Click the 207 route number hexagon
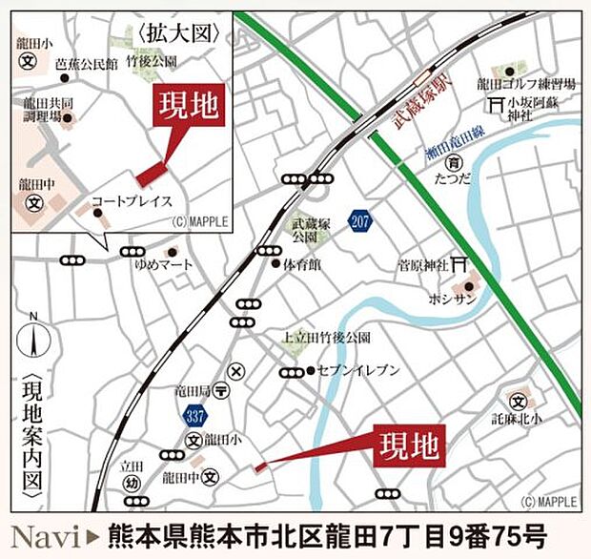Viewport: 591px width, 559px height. click(359, 220)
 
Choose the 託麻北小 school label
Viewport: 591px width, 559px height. click(518, 417)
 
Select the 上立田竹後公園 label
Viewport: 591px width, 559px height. click(326, 338)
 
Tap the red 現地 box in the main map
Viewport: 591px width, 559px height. click(409, 445)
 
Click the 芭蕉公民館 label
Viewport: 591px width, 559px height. click(87, 64)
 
